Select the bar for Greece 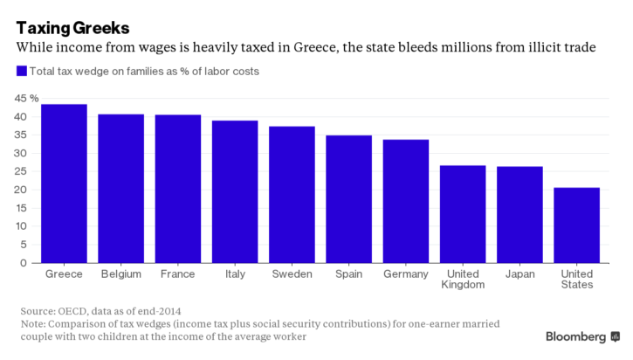64,183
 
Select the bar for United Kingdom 463,214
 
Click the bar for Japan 519,215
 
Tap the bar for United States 576,225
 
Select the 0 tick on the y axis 24,262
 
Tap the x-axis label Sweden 292,273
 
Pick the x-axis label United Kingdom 463,279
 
